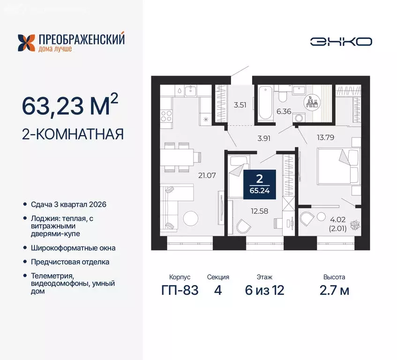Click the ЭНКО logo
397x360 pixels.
click(341, 41)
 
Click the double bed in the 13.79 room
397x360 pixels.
click(334, 166)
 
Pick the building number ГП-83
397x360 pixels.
click(179, 290)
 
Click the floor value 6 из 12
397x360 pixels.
click(265, 290)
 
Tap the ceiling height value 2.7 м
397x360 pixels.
click(336, 290)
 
